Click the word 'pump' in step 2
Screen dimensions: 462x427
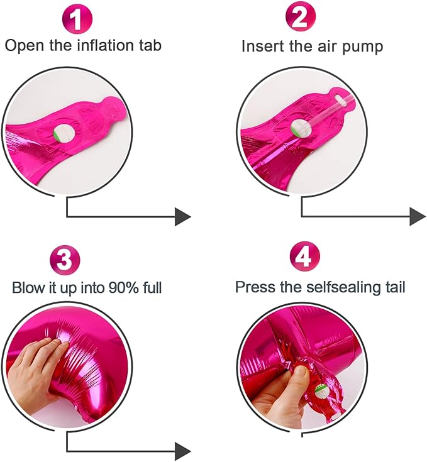364,47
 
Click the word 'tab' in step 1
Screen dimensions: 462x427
150,45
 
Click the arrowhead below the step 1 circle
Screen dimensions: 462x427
182,217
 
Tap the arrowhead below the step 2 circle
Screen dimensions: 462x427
418,216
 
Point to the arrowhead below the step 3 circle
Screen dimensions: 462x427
182,451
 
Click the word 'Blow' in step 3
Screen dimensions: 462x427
26,288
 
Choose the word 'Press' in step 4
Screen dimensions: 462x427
252,287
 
